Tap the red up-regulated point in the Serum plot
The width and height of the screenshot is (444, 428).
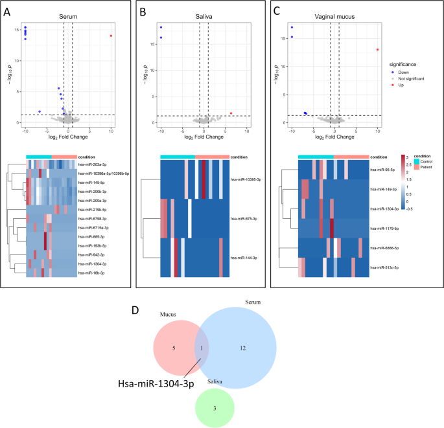click(x=111, y=36)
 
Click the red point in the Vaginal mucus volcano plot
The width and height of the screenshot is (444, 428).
click(x=377, y=50)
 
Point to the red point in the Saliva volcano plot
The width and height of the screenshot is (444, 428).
click(x=231, y=113)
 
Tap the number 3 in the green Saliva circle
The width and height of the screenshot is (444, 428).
click(x=215, y=409)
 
